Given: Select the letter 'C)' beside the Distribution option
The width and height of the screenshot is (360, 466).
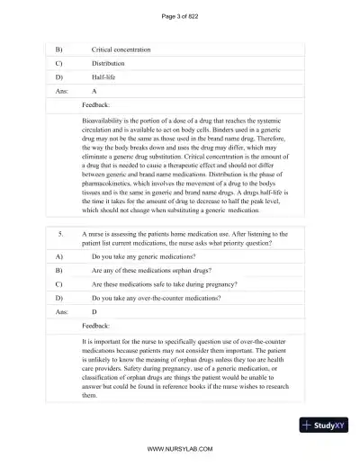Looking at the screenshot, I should coord(59,64).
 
